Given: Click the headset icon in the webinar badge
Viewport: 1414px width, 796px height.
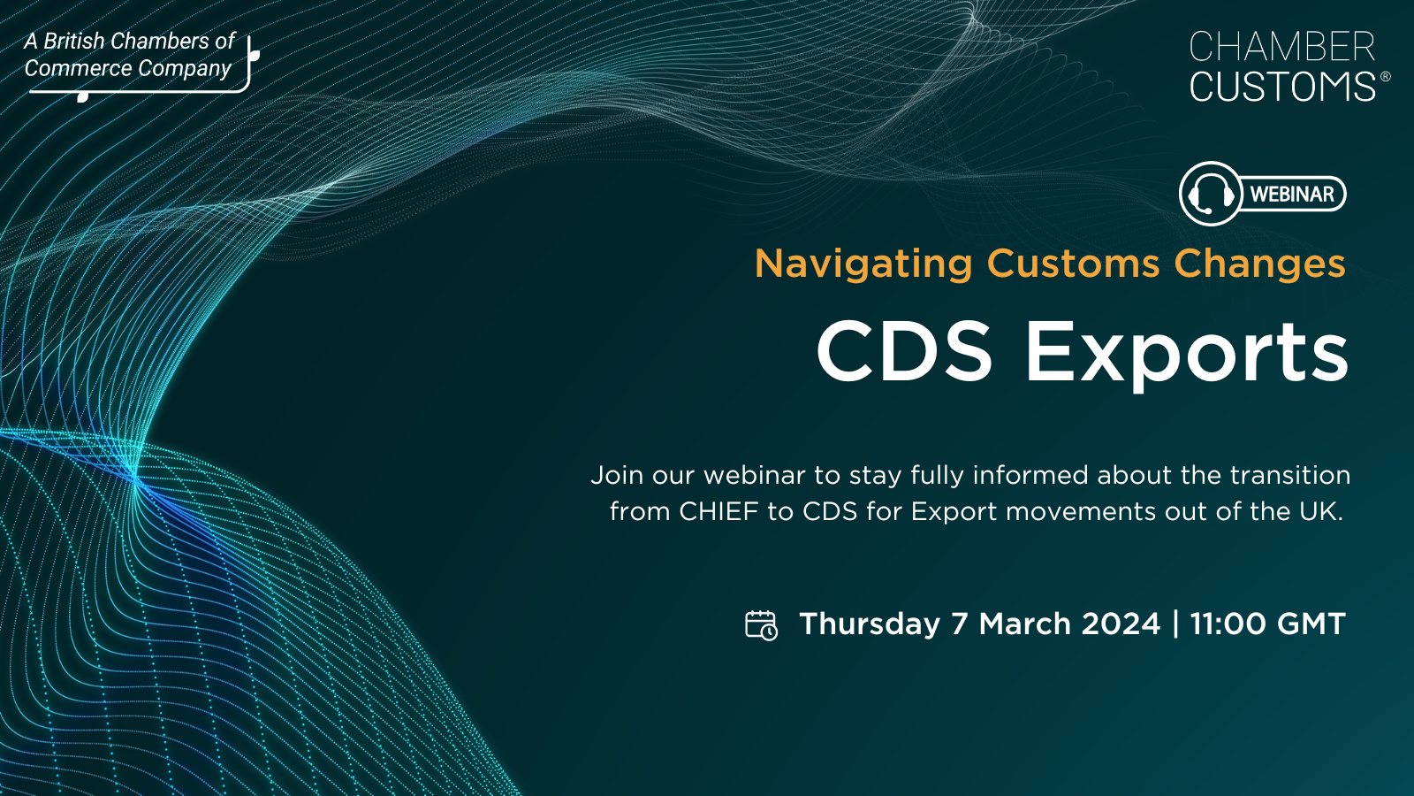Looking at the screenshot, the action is (1210, 194).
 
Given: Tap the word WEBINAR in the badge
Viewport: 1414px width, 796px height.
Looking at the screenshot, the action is (1292, 194).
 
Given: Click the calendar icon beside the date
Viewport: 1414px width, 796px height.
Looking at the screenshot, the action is (761, 625).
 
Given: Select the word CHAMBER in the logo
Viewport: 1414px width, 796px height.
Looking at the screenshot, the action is (1282, 48).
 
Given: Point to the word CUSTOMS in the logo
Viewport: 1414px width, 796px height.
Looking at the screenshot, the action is (1282, 86).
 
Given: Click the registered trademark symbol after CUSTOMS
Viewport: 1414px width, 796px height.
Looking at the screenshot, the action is (1385, 76).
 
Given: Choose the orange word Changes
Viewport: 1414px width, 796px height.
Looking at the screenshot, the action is (1260, 264).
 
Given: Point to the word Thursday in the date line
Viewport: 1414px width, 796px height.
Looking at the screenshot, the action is (870, 624).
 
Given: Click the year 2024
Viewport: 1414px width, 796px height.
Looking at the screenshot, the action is (1121, 624).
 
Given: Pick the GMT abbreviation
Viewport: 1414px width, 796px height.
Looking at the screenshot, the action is (1311, 624).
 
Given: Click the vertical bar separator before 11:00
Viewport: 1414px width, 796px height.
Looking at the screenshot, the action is (1175, 624).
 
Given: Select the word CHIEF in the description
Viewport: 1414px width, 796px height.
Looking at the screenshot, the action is (718, 512).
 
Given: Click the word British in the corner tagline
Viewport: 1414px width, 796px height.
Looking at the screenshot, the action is (74, 42).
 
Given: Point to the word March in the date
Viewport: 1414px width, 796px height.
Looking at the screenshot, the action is (1025, 624).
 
